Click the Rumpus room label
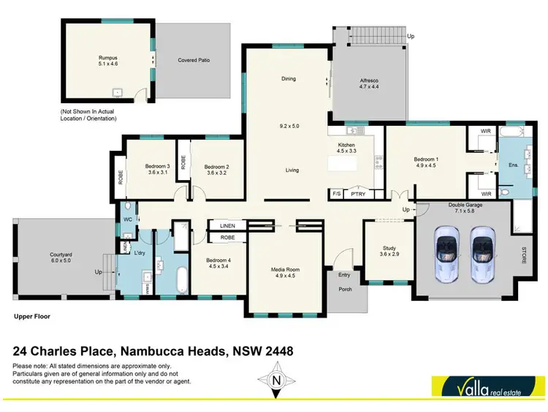tap(108, 58)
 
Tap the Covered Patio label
tap(194, 60)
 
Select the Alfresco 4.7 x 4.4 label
tap(368, 83)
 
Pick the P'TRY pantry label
tap(358, 194)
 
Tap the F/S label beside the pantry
tap(337, 194)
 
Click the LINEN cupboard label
tap(227, 227)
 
